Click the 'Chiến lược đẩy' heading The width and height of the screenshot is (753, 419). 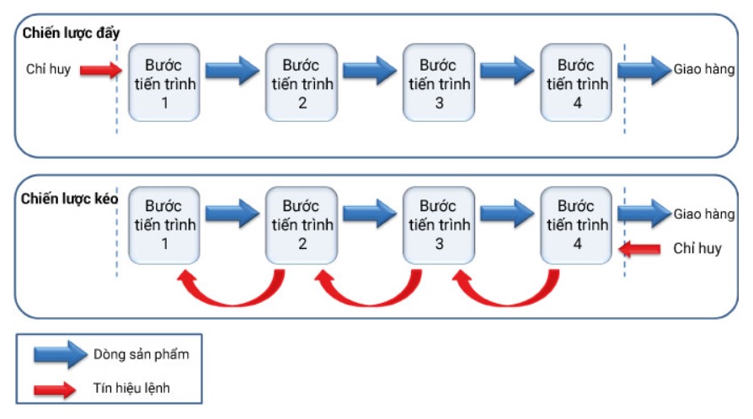click(x=72, y=33)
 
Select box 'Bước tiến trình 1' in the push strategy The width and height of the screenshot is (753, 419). click(x=163, y=83)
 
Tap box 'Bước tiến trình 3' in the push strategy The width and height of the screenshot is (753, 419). click(x=439, y=83)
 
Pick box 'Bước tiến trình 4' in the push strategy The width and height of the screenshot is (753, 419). click(x=576, y=83)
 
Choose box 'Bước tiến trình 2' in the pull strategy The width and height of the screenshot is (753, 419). click(x=301, y=225)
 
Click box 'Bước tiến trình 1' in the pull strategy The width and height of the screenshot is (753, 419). click(x=163, y=225)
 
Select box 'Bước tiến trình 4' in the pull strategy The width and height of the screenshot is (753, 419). click(x=576, y=225)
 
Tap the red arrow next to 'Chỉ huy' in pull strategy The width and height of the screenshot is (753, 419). click(x=643, y=249)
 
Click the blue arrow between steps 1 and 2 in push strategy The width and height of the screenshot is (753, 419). click(x=232, y=70)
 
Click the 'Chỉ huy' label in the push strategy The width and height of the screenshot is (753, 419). click(x=48, y=70)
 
